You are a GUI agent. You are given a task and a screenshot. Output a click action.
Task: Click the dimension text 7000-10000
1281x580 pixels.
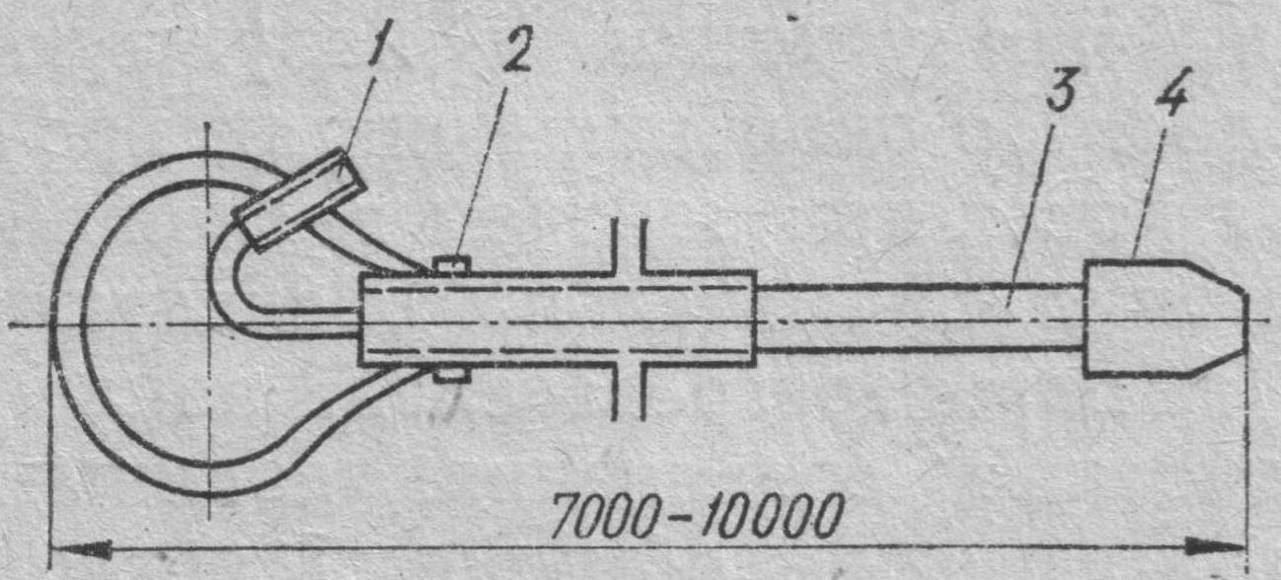[x=696, y=514]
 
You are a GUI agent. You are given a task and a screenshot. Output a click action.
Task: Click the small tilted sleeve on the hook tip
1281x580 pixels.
[x=299, y=199]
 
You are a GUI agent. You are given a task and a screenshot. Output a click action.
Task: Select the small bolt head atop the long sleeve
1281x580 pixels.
[x=452, y=264]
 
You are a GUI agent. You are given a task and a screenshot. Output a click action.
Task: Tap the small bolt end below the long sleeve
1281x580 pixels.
[x=452, y=375]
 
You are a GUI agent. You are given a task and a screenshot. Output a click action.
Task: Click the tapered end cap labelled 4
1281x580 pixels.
[x=1155, y=319]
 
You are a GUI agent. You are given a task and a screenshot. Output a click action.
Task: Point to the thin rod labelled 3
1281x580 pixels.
[x=918, y=317]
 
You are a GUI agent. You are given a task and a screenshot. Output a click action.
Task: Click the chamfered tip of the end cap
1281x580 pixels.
[x=1224, y=319]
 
